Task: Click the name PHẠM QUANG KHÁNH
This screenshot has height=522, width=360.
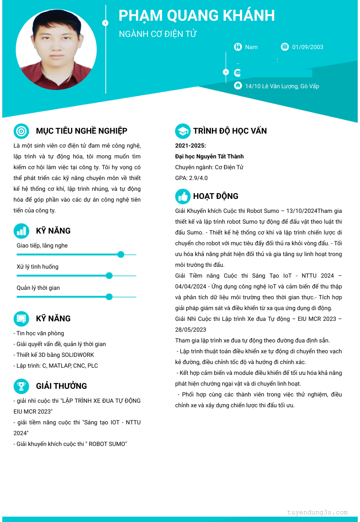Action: click(x=197, y=15)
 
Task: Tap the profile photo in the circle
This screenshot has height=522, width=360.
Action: click(x=56, y=49)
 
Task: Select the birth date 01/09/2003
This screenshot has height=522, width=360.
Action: click(x=307, y=47)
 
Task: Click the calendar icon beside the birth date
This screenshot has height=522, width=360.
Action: click(x=284, y=46)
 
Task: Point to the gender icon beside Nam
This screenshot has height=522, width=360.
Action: click(x=238, y=46)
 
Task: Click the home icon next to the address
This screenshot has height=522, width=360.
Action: click(x=238, y=85)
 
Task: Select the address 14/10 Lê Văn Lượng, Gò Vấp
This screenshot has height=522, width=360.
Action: click(x=282, y=86)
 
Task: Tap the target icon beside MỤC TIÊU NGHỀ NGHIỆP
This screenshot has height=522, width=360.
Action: click(x=21, y=131)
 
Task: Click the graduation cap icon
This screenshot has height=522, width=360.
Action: click(x=183, y=131)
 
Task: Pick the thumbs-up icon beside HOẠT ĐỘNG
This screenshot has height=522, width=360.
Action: click(x=183, y=196)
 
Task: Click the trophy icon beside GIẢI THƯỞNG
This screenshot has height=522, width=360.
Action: click(x=21, y=386)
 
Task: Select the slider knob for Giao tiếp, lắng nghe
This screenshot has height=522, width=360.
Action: click(x=121, y=255)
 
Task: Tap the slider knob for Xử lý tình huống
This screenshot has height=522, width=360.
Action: click(x=109, y=275)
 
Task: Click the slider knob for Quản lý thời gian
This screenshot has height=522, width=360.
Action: click(x=109, y=297)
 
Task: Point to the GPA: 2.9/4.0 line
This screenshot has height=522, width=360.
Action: click(x=191, y=178)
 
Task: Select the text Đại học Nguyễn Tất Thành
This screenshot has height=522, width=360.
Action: click(x=209, y=156)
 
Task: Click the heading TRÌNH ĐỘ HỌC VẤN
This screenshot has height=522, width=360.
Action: click(x=230, y=131)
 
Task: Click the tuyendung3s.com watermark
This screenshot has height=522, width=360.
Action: click(x=317, y=512)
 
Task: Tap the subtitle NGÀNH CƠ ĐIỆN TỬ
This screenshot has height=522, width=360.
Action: click(x=158, y=34)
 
